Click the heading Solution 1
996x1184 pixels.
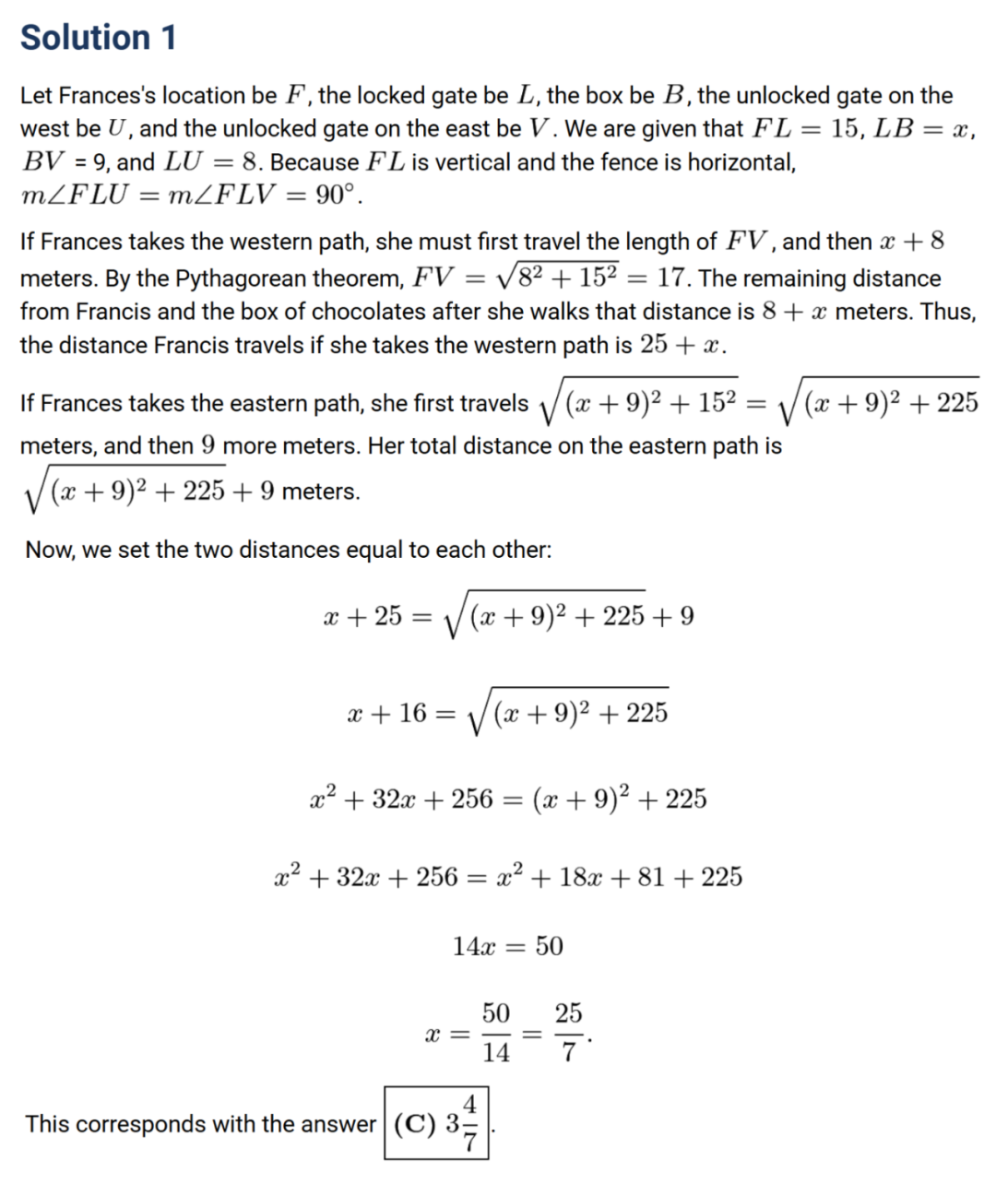tap(98, 38)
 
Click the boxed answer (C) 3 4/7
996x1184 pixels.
tap(436, 1123)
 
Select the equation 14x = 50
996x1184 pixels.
tap(507, 946)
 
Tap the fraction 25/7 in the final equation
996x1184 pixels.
tap(568, 1033)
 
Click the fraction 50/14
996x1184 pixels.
tap(495, 1033)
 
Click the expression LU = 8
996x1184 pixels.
tap(211, 162)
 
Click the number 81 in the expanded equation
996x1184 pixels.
tap(650, 877)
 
